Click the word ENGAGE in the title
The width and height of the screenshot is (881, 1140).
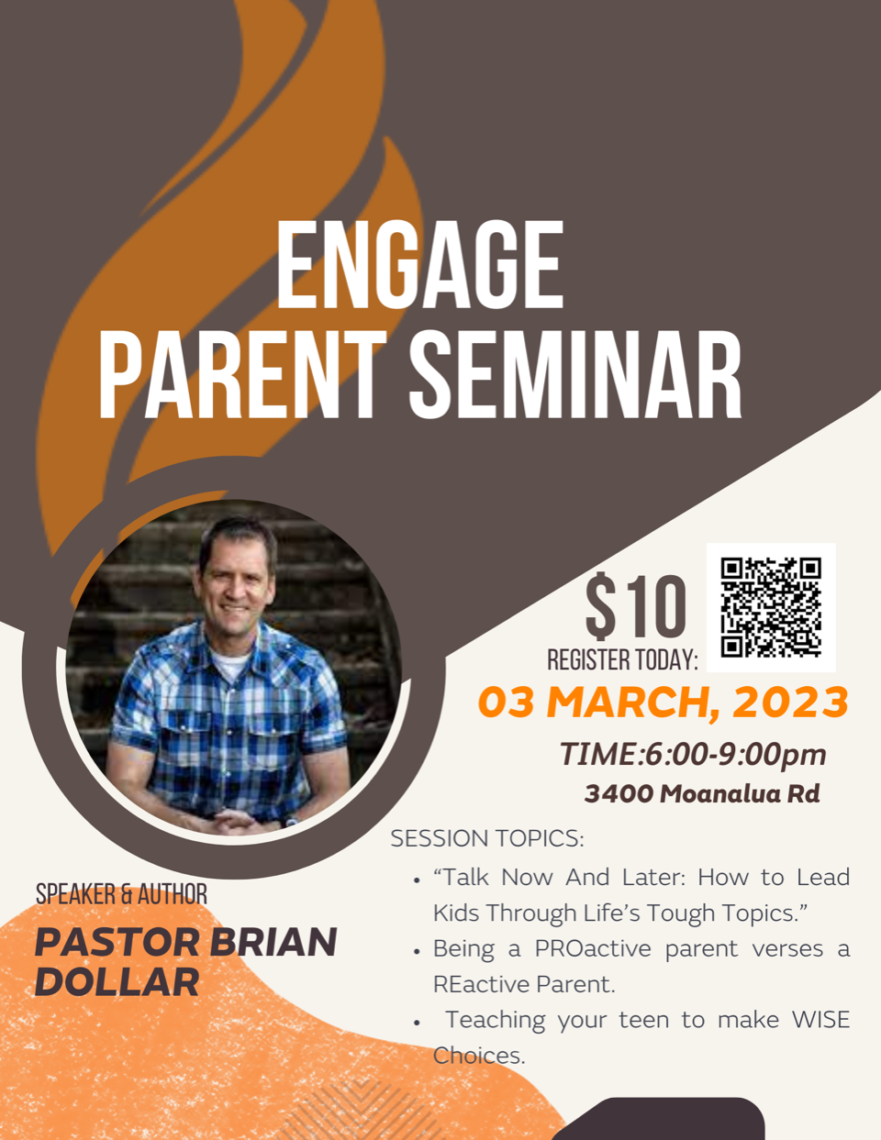419,264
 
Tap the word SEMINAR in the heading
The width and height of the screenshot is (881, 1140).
575,374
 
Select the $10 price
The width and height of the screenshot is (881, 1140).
635,606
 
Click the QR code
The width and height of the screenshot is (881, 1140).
771,607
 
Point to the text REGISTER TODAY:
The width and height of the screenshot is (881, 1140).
623,660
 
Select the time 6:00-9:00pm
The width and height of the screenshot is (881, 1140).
735,756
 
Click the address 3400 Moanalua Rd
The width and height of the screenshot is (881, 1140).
702,793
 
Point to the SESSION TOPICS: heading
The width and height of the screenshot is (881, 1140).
487,838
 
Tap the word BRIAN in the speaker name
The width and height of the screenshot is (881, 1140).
273,942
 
